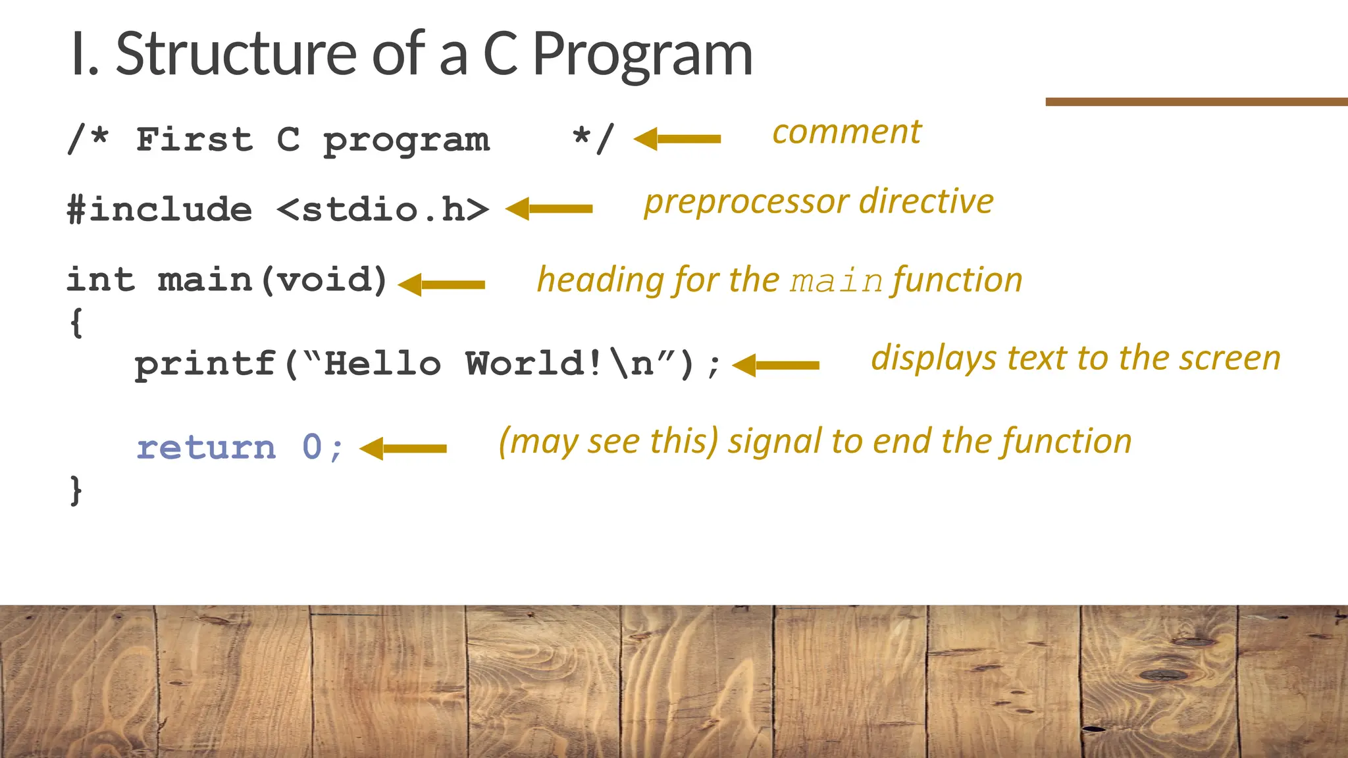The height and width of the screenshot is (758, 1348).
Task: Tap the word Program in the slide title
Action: coord(642,56)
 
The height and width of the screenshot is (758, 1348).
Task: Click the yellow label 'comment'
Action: coord(846,132)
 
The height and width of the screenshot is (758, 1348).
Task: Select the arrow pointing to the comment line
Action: coord(677,139)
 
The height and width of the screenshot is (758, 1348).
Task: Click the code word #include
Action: coord(159,210)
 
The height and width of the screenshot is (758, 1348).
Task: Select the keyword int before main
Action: coord(100,280)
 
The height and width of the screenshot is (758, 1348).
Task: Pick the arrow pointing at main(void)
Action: coord(442,285)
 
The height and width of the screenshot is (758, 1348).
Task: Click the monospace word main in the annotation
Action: coord(837,282)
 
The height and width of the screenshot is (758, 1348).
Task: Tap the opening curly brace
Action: coord(76,322)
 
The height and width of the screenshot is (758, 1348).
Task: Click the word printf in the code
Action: coord(205,365)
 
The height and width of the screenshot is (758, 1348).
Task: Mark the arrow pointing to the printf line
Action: coord(776,365)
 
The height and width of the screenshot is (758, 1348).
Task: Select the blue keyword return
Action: coord(206,448)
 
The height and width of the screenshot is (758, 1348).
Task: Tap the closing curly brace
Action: coord(76,491)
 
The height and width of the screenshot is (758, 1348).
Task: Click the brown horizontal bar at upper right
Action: coord(1196,102)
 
